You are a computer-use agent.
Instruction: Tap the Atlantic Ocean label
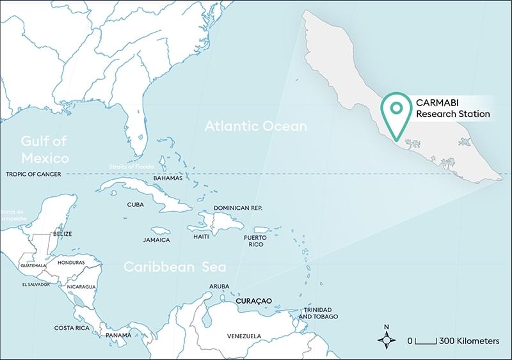click(x=255, y=127)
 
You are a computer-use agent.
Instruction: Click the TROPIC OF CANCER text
click(x=31, y=174)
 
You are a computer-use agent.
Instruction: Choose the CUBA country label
click(x=135, y=205)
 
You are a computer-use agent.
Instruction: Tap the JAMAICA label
click(x=157, y=240)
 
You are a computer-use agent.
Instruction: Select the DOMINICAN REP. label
click(x=238, y=208)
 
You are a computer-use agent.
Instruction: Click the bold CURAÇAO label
click(x=254, y=301)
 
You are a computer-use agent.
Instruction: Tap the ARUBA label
click(x=219, y=286)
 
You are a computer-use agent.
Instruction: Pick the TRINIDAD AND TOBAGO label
click(x=318, y=313)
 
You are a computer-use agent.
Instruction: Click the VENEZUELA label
click(x=244, y=336)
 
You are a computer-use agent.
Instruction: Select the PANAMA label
click(x=118, y=335)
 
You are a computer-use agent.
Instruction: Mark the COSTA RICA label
click(x=72, y=328)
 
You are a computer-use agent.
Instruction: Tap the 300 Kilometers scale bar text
click(x=468, y=341)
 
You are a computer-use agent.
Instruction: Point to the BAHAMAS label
click(x=167, y=178)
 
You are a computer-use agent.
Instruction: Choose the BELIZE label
click(x=62, y=234)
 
